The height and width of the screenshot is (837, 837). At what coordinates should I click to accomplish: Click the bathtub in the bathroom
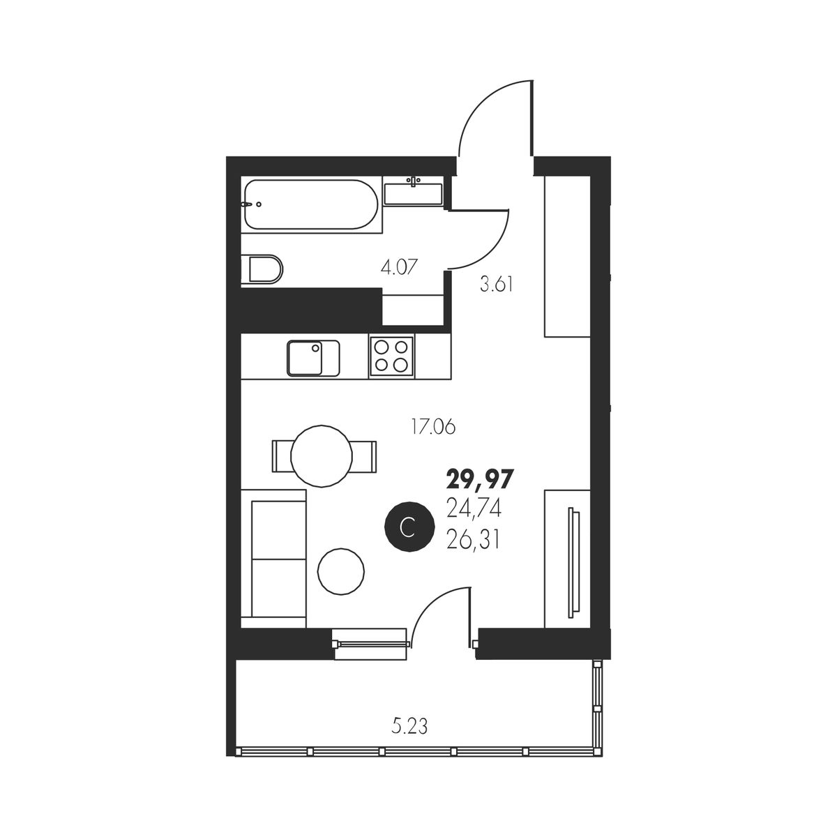point(310,204)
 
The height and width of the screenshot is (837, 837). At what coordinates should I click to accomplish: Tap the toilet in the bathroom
point(262,269)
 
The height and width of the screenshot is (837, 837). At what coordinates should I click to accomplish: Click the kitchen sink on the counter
point(312,358)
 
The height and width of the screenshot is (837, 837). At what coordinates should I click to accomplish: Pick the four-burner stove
point(391,356)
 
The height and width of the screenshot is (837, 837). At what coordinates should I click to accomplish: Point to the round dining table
point(322,456)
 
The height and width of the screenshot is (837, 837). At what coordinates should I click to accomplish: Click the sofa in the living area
point(273,559)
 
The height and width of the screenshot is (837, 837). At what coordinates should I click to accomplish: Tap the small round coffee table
point(341,572)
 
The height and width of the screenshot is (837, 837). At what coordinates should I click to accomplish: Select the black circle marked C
point(409,527)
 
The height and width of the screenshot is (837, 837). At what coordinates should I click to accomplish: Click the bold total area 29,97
point(480,480)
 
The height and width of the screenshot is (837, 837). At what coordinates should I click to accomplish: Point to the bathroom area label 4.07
point(399,266)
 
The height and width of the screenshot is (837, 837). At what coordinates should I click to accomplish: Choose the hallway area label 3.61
point(497,285)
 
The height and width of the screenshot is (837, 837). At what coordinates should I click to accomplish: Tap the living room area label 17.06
point(433,428)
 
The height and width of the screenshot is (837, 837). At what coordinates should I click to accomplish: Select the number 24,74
point(474,508)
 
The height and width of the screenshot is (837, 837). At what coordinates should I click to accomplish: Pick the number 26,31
point(473,541)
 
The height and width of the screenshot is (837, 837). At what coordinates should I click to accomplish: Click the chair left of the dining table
point(282,456)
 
